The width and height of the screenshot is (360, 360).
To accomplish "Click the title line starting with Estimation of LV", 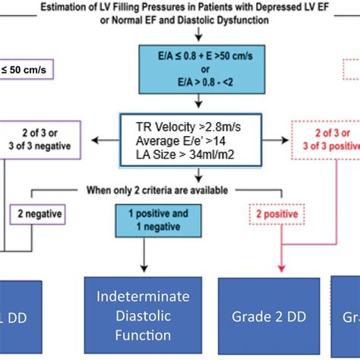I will pos(181,8).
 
